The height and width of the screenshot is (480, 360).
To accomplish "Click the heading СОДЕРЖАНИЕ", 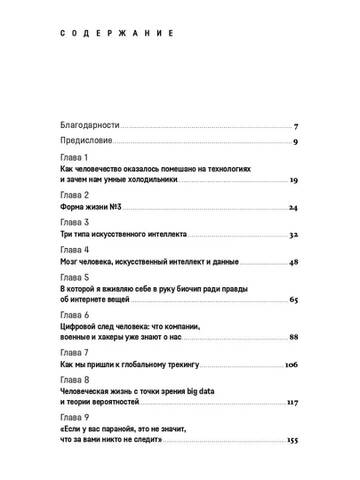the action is click(x=105, y=36).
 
